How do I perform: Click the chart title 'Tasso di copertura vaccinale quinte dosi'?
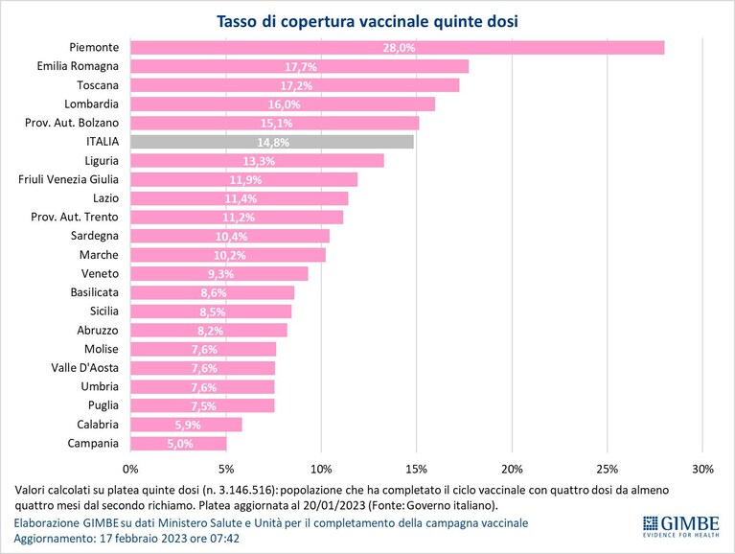point(367,21)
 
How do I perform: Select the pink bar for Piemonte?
point(397,47)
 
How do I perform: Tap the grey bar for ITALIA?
point(272,142)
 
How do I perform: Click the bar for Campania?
point(178,444)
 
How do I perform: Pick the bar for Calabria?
point(186,425)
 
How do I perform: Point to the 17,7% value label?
point(301,67)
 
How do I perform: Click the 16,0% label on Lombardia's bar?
point(284,104)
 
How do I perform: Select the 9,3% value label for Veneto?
point(220,274)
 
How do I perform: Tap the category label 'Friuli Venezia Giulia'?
point(68,179)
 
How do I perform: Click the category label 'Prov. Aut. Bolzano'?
point(72,123)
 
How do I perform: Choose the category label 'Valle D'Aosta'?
point(85,368)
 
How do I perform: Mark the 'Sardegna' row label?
point(95,236)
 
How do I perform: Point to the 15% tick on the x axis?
point(416,469)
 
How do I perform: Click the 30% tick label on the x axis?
point(702,469)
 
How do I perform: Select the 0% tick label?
point(130,469)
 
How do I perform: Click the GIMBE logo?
point(680,526)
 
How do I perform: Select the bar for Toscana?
point(295,85)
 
